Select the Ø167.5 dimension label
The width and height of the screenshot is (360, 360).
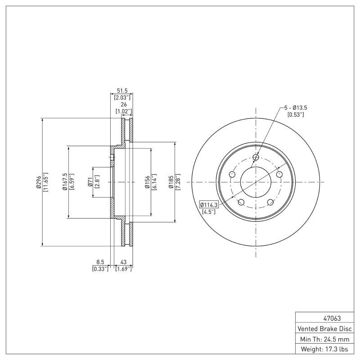click(x=65, y=182)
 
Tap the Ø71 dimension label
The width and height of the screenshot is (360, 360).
click(x=90, y=182)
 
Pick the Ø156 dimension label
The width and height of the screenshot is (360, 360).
click(x=148, y=182)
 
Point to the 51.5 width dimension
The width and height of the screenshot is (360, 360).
click(x=122, y=90)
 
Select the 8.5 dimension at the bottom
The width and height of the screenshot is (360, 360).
click(x=100, y=261)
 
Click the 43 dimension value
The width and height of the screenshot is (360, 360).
click(x=123, y=261)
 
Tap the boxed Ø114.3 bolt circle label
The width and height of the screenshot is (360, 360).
click(x=209, y=205)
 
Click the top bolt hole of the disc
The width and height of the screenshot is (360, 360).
click(x=256, y=157)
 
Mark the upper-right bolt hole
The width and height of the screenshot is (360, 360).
click(x=279, y=174)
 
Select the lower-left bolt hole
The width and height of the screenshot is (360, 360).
click(x=241, y=202)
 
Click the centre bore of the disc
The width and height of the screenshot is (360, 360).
click(x=256, y=182)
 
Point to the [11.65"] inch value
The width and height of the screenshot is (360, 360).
click(x=45, y=182)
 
